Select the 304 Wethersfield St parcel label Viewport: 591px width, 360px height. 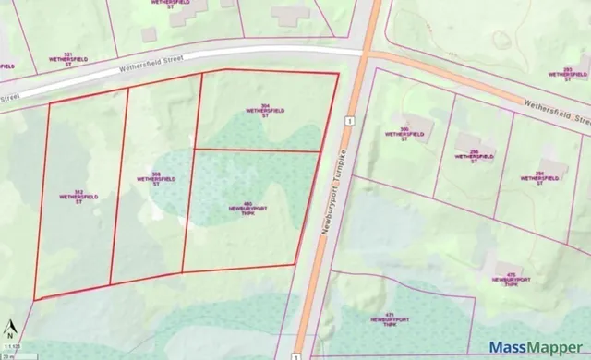click(265, 112)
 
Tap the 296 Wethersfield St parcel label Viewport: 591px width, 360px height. click(472, 155)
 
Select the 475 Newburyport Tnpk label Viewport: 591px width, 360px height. click(504, 282)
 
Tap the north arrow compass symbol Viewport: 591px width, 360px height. click(11, 328)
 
